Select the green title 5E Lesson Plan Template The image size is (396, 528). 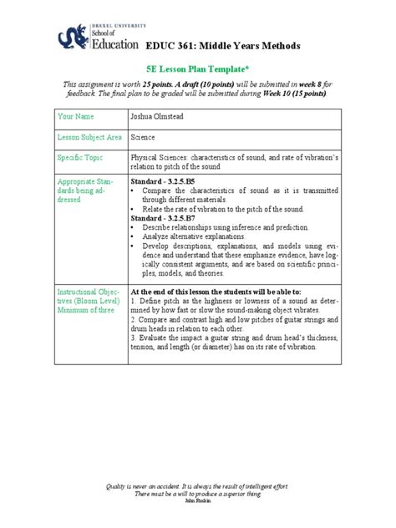click(198, 74)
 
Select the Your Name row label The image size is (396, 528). click(76, 118)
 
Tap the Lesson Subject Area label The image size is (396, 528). click(89, 136)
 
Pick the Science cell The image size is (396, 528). click(143, 136)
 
